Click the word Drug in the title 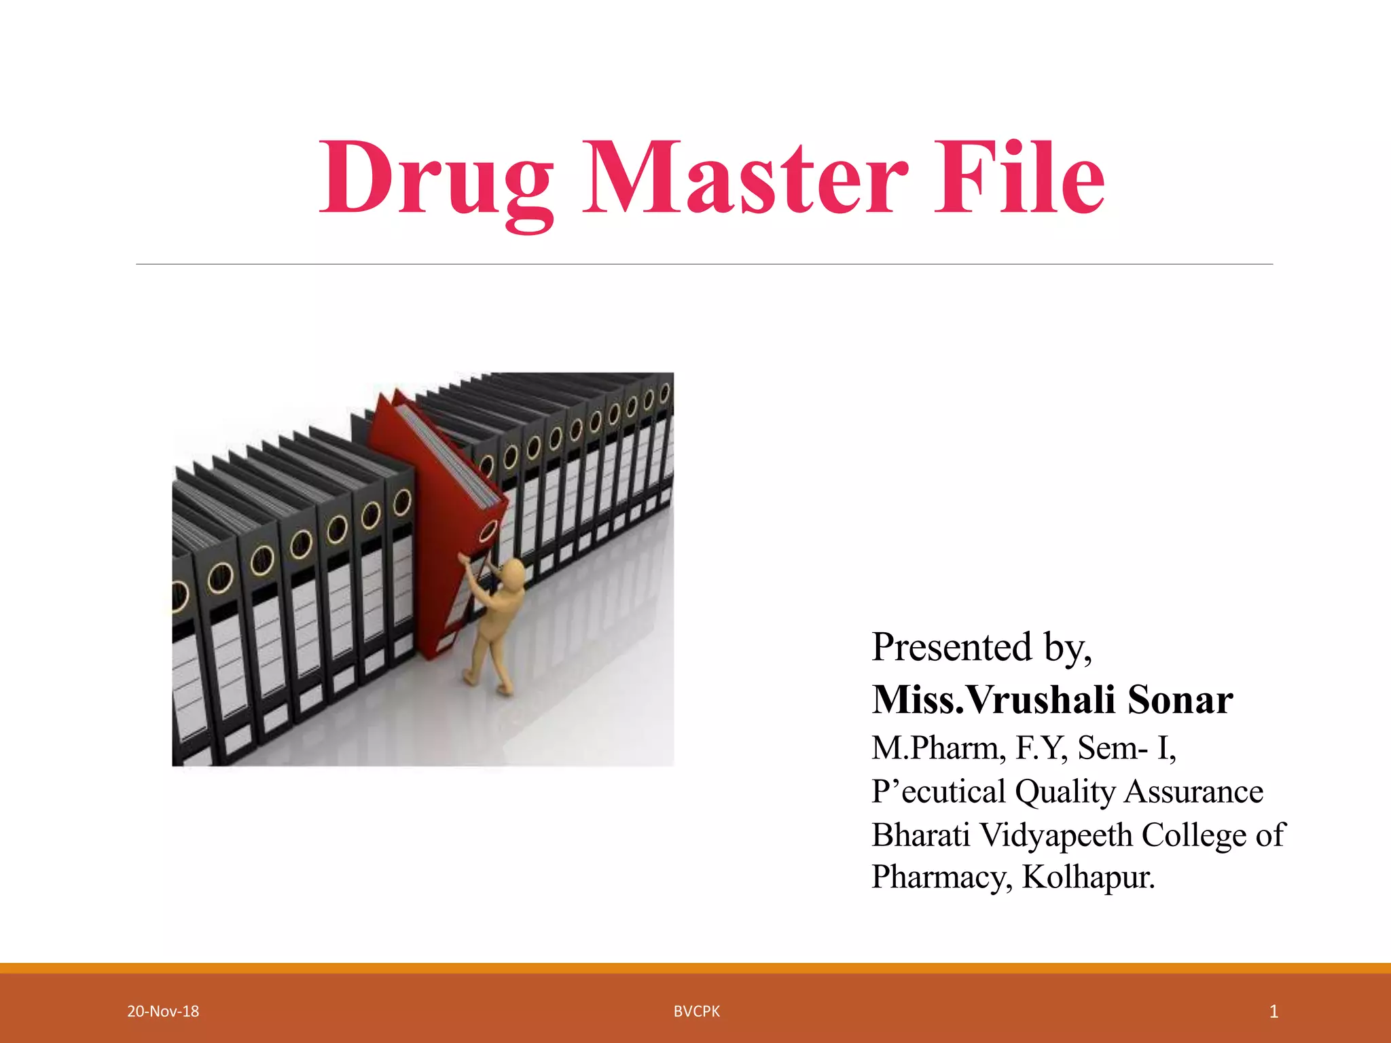coord(435,178)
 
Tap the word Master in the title coord(744,178)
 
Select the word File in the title coord(1019,178)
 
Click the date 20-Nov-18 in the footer coord(163,1011)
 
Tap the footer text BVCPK coord(696,1011)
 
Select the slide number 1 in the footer coord(1273,1011)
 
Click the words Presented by coord(981,646)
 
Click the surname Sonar coord(1180,699)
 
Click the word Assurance coord(1193,792)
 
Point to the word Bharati coord(921,835)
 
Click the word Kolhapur coord(1088,877)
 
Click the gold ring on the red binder coord(488,532)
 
